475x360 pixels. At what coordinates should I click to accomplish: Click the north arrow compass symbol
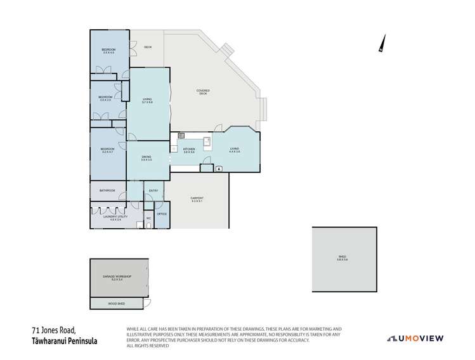pos(381,43)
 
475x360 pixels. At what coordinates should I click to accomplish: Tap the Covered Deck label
pos(203,92)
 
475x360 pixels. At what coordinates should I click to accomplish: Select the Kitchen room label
pos(189,151)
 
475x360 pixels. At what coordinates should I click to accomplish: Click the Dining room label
pos(146,158)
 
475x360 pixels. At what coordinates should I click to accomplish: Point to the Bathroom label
pos(108,190)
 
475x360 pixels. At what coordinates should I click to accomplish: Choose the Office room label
pos(161,214)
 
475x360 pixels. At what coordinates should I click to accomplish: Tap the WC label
pos(148,218)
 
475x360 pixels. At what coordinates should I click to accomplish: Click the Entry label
pos(153,190)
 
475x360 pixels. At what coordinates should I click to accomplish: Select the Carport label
pos(197,200)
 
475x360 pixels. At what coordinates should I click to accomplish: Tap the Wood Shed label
pos(117,305)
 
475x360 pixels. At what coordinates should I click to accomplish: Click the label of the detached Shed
pos(343,258)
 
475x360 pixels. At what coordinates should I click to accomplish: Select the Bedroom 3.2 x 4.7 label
pos(107,151)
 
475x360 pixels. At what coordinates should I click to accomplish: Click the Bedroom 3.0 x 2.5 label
pos(105,99)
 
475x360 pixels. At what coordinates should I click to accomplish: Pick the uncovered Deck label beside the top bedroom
pos(148,48)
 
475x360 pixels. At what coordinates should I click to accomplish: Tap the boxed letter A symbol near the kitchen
pos(219,169)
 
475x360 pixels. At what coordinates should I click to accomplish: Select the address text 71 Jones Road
pos(55,330)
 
